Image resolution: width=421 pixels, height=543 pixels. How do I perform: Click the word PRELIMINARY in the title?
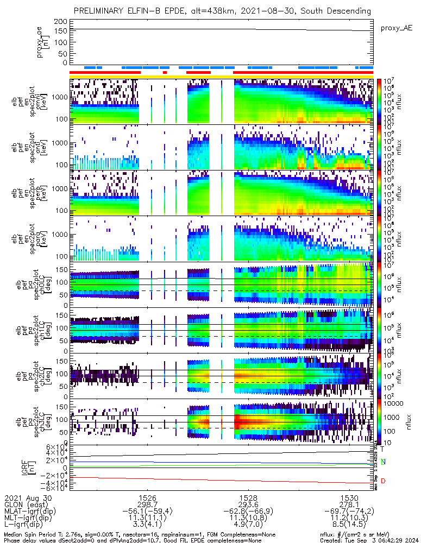coord(102,11)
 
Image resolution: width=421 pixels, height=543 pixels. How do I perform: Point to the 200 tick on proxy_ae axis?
coord(61,21)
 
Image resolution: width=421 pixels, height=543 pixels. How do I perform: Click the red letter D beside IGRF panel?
coord(383,481)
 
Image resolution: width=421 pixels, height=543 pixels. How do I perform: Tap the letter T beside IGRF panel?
coord(382,449)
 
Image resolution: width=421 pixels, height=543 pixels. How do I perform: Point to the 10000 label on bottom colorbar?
coord(394,403)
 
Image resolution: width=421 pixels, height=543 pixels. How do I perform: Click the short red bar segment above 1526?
coord(165,72)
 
